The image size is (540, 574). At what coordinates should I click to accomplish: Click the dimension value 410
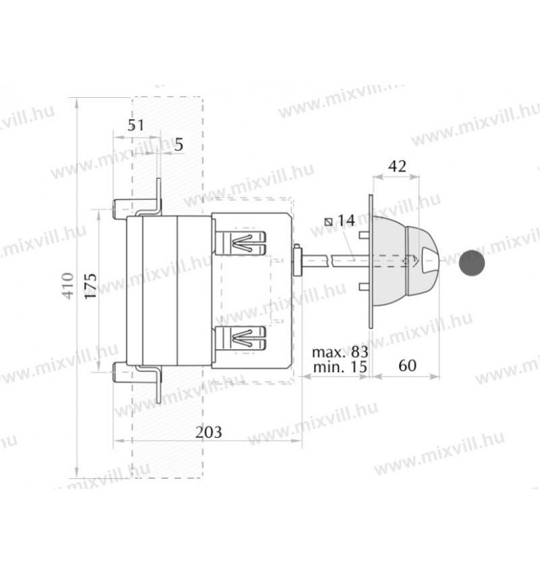(68, 286)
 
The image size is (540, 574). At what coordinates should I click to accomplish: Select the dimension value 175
(91, 286)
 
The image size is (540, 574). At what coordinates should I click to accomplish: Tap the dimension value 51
(136, 126)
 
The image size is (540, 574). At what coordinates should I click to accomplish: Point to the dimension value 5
(178, 145)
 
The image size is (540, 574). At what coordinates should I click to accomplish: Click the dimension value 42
(397, 167)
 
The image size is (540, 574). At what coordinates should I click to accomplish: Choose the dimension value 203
(209, 432)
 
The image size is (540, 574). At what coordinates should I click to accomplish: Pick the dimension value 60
(407, 365)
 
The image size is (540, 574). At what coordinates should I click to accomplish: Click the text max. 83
(340, 352)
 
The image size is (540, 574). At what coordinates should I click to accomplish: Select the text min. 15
(340, 367)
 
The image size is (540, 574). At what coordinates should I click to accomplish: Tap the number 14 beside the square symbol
(346, 221)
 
